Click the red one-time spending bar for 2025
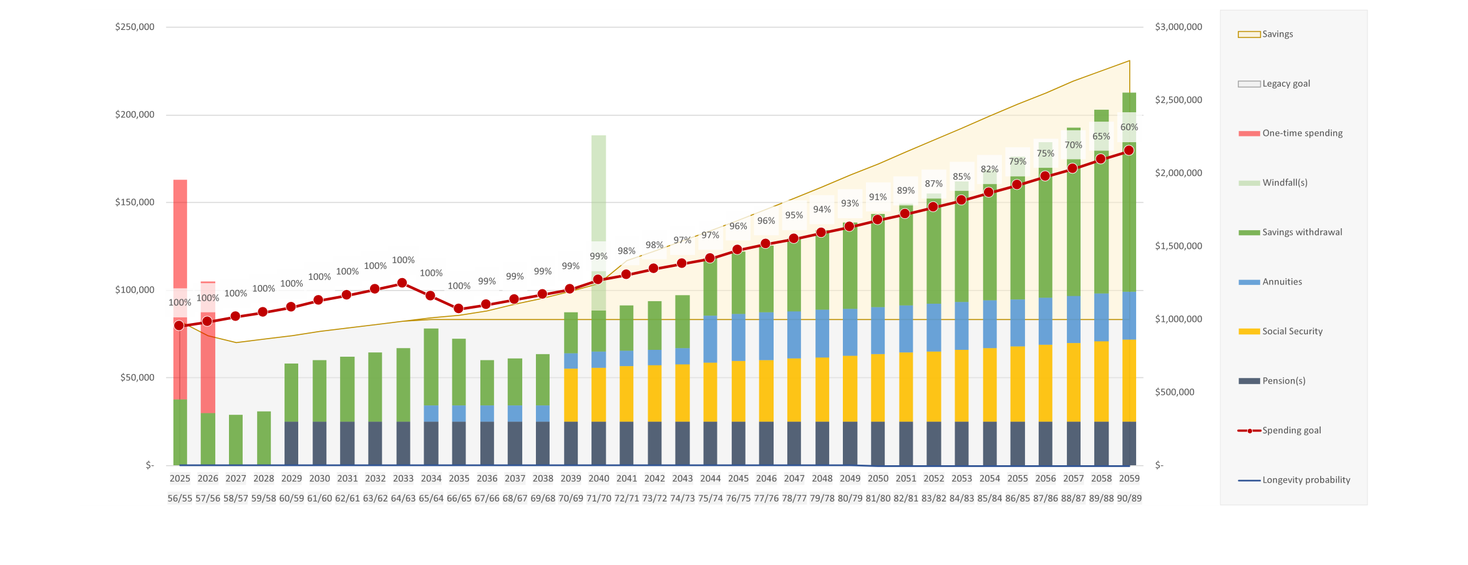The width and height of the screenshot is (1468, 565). point(180,237)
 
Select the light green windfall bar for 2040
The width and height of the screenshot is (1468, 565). point(599,187)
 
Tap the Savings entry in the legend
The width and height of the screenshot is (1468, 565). point(1277,34)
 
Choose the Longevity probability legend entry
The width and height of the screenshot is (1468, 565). point(1306,480)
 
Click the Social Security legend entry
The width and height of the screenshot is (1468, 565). point(1292,331)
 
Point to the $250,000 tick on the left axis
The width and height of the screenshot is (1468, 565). point(135,27)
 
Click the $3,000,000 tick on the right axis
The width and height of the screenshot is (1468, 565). point(1179,27)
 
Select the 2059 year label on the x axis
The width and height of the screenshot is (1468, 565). point(1129,478)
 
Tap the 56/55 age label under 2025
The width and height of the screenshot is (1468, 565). point(180,498)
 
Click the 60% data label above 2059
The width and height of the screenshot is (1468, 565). point(1129,127)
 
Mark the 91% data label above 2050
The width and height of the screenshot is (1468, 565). point(878,197)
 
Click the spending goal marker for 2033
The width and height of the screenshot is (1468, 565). point(402,283)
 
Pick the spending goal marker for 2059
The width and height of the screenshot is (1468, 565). point(1129,150)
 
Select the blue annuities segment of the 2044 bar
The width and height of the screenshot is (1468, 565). point(710,339)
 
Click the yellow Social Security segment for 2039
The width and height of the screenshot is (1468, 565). point(571,395)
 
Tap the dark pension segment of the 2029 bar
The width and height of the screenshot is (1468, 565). point(291,443)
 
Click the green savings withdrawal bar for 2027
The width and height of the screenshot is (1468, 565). point(236,440)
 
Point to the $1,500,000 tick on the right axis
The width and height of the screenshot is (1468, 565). point(1179,246)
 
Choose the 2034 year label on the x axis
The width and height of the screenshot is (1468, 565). point(431,478)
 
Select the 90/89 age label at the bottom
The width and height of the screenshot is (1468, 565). point(1129,498)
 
